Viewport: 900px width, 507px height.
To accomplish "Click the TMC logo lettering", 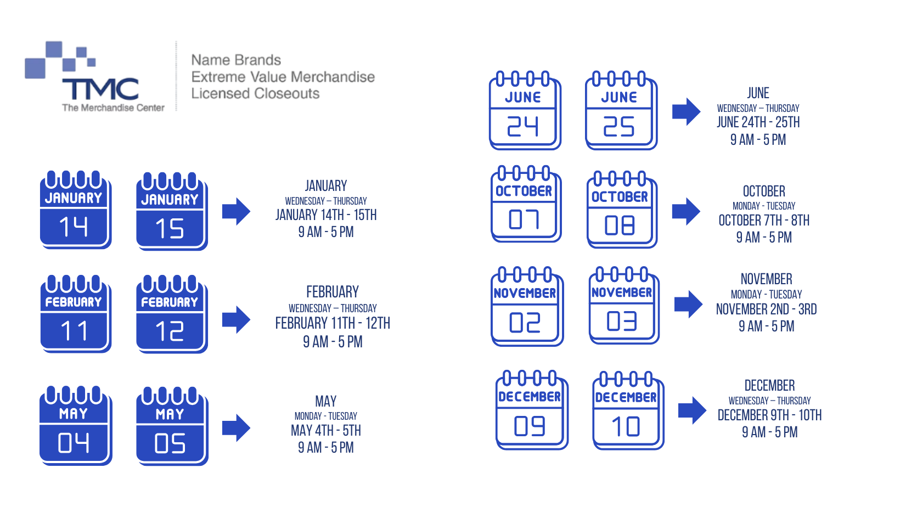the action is [100, 89].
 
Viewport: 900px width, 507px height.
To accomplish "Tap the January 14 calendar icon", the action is [76, 209].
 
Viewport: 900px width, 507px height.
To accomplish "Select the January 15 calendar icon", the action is [172, 211].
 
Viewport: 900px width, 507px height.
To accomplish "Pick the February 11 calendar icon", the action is [76, 314].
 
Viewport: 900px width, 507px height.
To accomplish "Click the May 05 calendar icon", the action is [172, 426].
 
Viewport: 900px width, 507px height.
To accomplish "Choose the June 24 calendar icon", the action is [525, 110].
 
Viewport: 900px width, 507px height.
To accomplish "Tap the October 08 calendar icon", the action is [622, 209].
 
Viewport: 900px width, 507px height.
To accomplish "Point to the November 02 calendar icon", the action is [527, 306].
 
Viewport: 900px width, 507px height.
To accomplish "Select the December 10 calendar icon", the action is [628, 410].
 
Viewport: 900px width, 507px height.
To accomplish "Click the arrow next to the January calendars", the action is [236, 211].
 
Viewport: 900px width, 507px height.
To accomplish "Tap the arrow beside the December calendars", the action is [692, 410].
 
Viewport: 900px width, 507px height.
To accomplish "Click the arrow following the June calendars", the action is [686, 112].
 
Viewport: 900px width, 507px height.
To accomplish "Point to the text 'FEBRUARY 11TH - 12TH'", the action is [332, 323].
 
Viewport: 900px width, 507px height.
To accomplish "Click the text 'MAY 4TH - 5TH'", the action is [326, 431].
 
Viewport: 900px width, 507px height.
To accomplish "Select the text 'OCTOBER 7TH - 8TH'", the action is [764, 221].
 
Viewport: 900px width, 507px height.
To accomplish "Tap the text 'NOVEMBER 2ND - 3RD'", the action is [766, 309].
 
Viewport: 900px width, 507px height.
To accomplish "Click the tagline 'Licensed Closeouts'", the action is [255, 94].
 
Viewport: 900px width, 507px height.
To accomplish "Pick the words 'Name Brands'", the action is [236, 60].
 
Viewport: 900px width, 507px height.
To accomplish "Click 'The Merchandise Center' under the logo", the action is [113, 108].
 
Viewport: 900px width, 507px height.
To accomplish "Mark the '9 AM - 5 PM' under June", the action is [758, 140].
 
